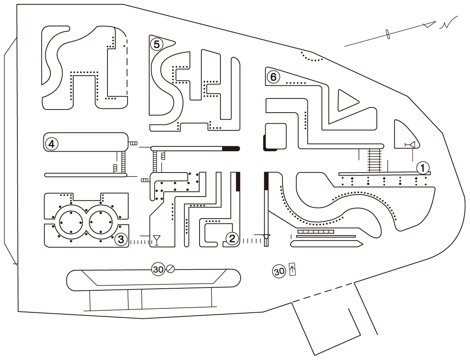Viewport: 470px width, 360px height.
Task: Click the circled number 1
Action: [423, 168]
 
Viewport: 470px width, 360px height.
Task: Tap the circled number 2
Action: [232, 238]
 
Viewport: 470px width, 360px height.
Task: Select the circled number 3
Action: [121, 238]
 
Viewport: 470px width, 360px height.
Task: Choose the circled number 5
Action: [156, 44]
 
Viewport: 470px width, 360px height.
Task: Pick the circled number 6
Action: [273, 77]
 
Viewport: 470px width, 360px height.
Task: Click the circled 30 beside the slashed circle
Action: [158, 269]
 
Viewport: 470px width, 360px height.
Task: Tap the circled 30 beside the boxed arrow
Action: [279, 271]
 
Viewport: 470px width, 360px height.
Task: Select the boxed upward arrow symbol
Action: [292, 269]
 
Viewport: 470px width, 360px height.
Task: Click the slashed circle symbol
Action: [170, 269]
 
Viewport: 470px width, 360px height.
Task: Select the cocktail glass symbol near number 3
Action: [157, 239]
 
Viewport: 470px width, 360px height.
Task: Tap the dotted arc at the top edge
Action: [311, 58]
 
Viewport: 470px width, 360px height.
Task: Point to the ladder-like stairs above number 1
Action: [374, 160]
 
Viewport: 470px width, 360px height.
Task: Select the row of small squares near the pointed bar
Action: [316, 232]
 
